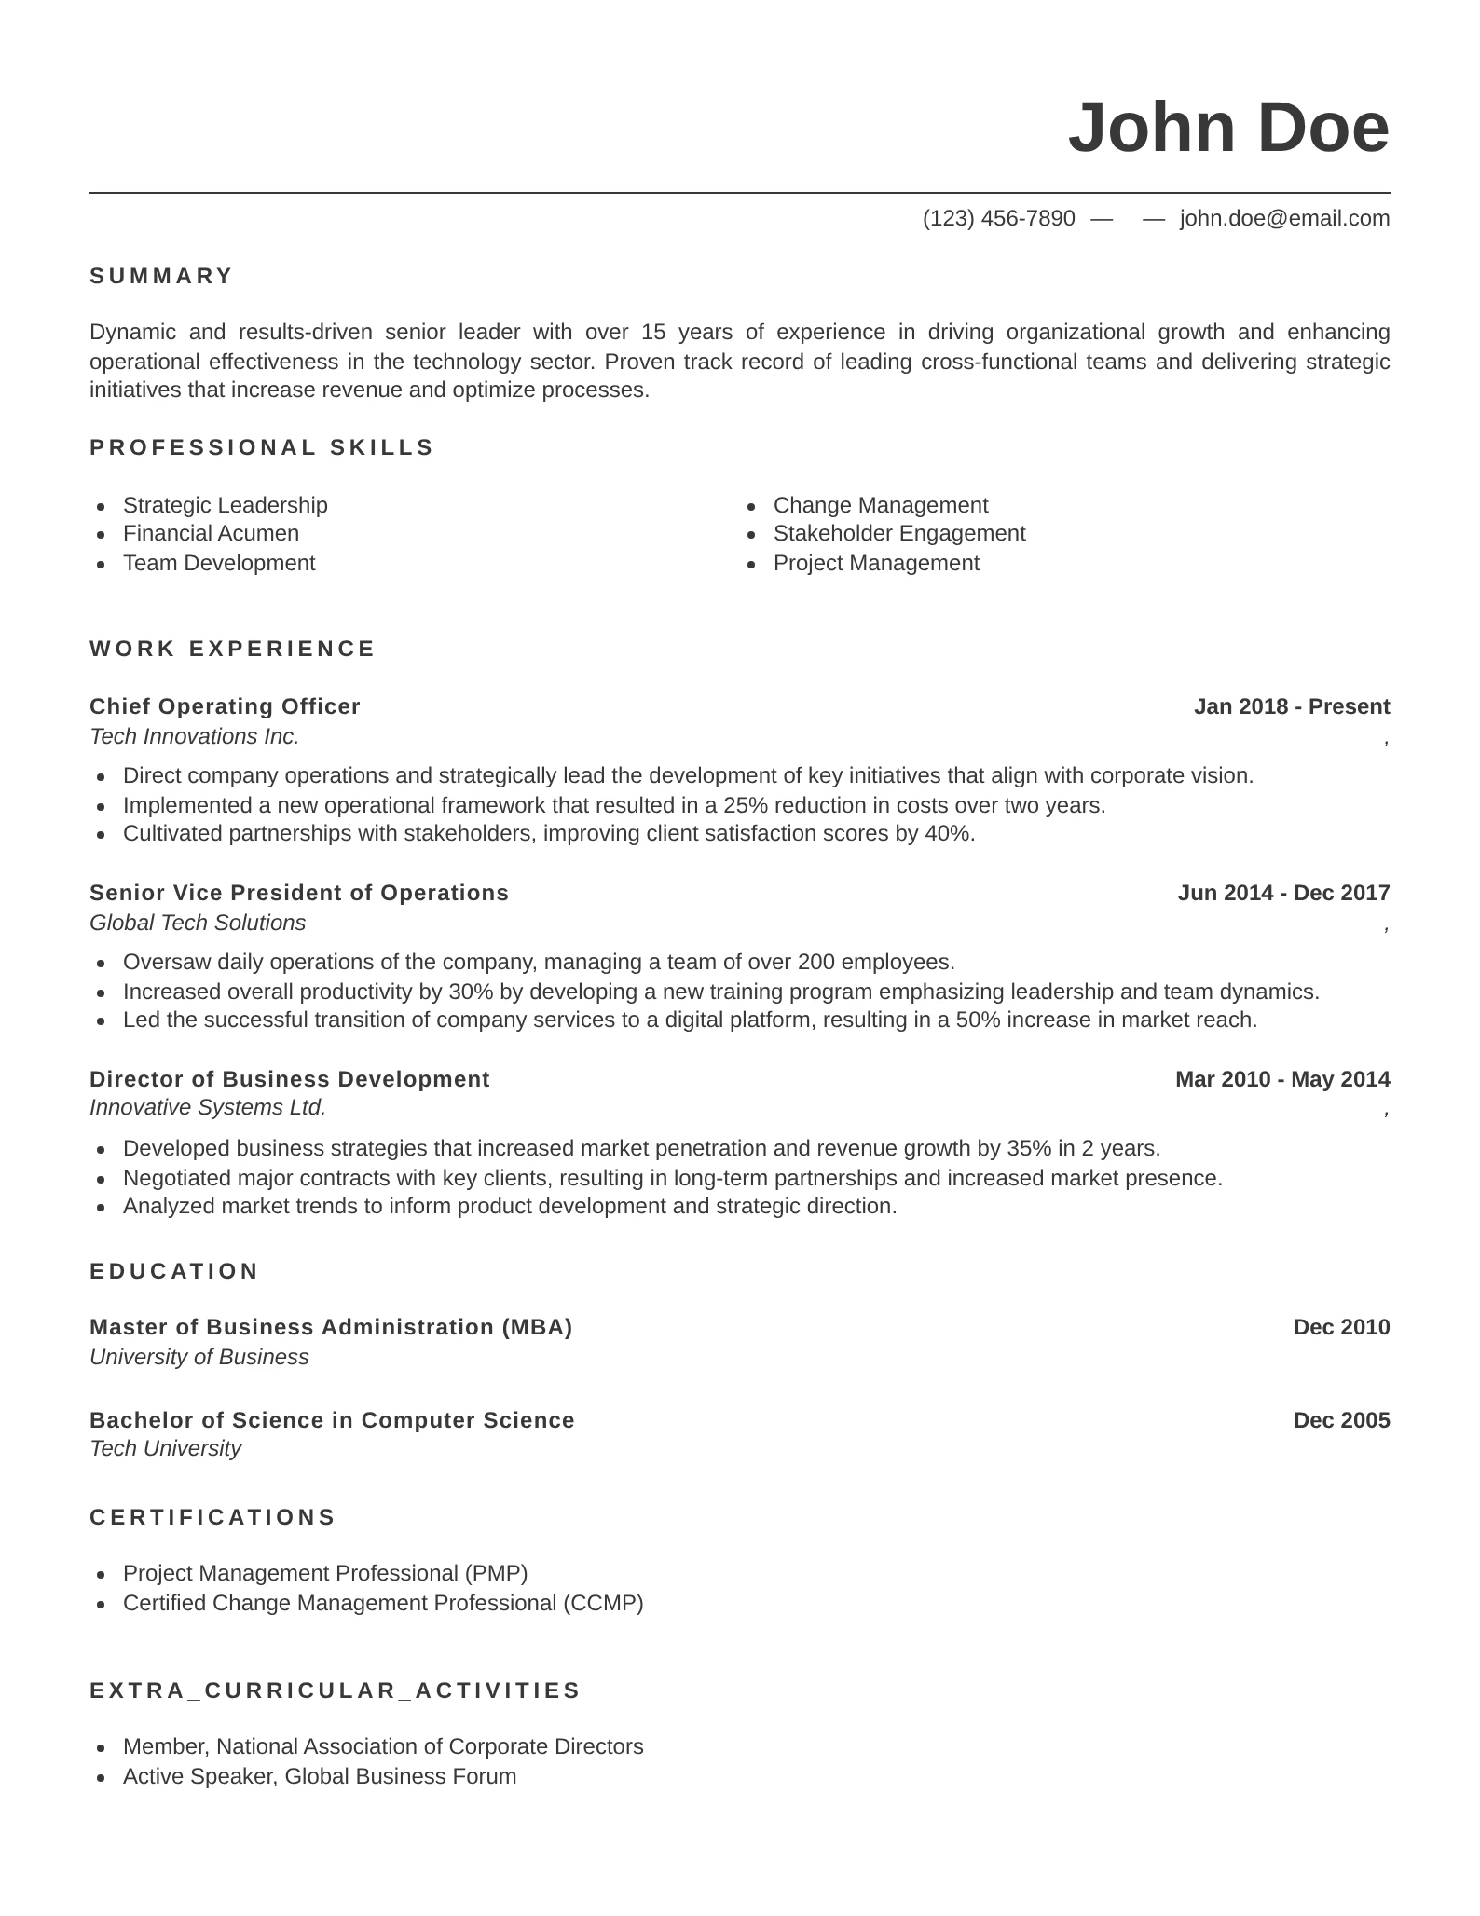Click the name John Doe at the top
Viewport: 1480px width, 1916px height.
point(1227,128)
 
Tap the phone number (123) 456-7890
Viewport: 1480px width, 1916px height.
point(998,218)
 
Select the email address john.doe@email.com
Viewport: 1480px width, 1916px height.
point(1284,218)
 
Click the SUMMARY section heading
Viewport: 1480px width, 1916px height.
point(161,276)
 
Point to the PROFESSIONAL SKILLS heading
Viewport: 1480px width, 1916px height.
point(262,447)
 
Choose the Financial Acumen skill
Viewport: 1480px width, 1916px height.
point(211,533)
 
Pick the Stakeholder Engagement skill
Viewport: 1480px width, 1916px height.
point(898,533)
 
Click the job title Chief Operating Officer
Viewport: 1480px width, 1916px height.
point(225,706)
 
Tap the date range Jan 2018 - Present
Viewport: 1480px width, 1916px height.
point(1291,706)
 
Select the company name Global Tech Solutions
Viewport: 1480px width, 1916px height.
point(198,923)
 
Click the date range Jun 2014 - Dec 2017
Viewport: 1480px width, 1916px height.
point(1283,893)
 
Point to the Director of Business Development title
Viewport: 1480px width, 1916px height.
point(289,1079)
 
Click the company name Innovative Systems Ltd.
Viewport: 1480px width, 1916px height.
point(208,1107)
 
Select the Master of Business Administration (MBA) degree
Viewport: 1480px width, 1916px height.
point(331,1327)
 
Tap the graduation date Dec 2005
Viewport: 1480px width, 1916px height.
point(1341,1420)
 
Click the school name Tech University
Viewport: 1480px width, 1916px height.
point(165,1448)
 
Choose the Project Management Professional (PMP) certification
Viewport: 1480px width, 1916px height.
point(325,1573)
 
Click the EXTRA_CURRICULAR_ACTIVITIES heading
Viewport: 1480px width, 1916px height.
point(336,1690)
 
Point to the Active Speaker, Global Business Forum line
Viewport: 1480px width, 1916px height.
point(320,1776)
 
